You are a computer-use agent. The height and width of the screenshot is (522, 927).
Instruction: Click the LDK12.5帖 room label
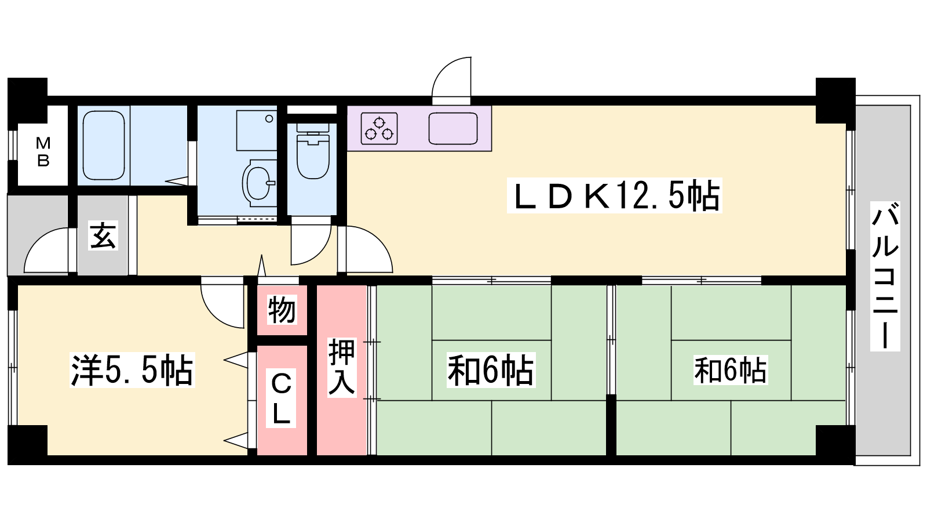615,195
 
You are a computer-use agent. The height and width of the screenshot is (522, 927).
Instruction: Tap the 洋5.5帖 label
132,370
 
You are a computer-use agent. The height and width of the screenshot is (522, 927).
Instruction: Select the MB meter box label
43,151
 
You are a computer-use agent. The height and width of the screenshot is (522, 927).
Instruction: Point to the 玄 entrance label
103,235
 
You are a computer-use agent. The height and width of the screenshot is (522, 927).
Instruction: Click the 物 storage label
282,310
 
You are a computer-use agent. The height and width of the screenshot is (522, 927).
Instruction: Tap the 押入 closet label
342,367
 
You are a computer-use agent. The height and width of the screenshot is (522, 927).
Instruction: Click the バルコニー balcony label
885,276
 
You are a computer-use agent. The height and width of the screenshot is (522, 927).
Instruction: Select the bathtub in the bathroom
104,146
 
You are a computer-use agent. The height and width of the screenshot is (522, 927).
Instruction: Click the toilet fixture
313,151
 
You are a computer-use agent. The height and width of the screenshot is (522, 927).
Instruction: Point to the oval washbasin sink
258,183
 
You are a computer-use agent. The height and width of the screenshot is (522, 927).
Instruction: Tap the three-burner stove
379,128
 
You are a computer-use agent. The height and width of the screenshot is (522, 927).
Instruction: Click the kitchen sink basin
452,128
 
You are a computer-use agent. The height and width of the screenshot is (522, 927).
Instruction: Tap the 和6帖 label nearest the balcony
731,370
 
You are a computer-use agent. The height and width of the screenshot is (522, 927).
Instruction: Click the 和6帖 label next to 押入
491,370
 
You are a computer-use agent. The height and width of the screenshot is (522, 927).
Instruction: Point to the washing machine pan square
257,130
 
